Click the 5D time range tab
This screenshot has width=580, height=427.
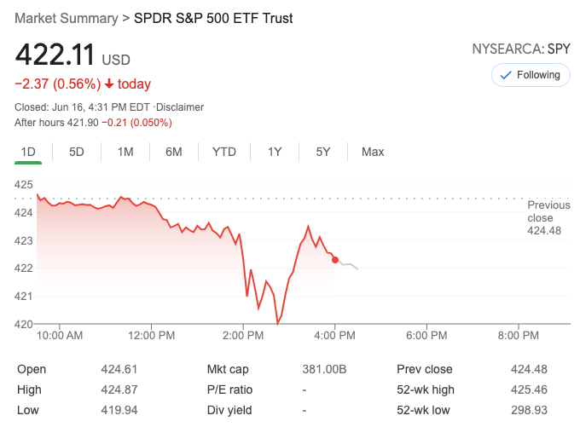(x=77, y=152)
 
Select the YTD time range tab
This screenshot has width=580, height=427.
(x=224, y=152)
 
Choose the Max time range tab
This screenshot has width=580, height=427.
(x=373, y=152)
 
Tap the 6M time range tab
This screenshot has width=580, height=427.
(x=174, y=152)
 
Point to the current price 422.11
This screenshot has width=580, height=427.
(x=54, y=56)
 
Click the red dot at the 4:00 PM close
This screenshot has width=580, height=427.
(x=335, y=259)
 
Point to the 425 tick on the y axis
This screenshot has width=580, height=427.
(x=24, y=185)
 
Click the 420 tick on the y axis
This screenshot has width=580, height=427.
(x=24, y=324)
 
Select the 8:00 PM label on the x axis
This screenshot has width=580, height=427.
(x=519, y=336)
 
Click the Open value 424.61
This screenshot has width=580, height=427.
(x=119, y=369)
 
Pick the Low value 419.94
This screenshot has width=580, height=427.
(x=119, y=410)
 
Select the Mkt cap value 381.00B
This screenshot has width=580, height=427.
(x=325, y=369)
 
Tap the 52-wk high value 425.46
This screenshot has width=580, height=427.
(x=528, y=389)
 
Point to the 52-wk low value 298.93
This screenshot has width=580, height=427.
(x=528, y=410)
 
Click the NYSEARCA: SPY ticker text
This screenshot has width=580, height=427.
(x=520, y=49)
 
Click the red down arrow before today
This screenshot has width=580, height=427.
(x=109, y=84)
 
